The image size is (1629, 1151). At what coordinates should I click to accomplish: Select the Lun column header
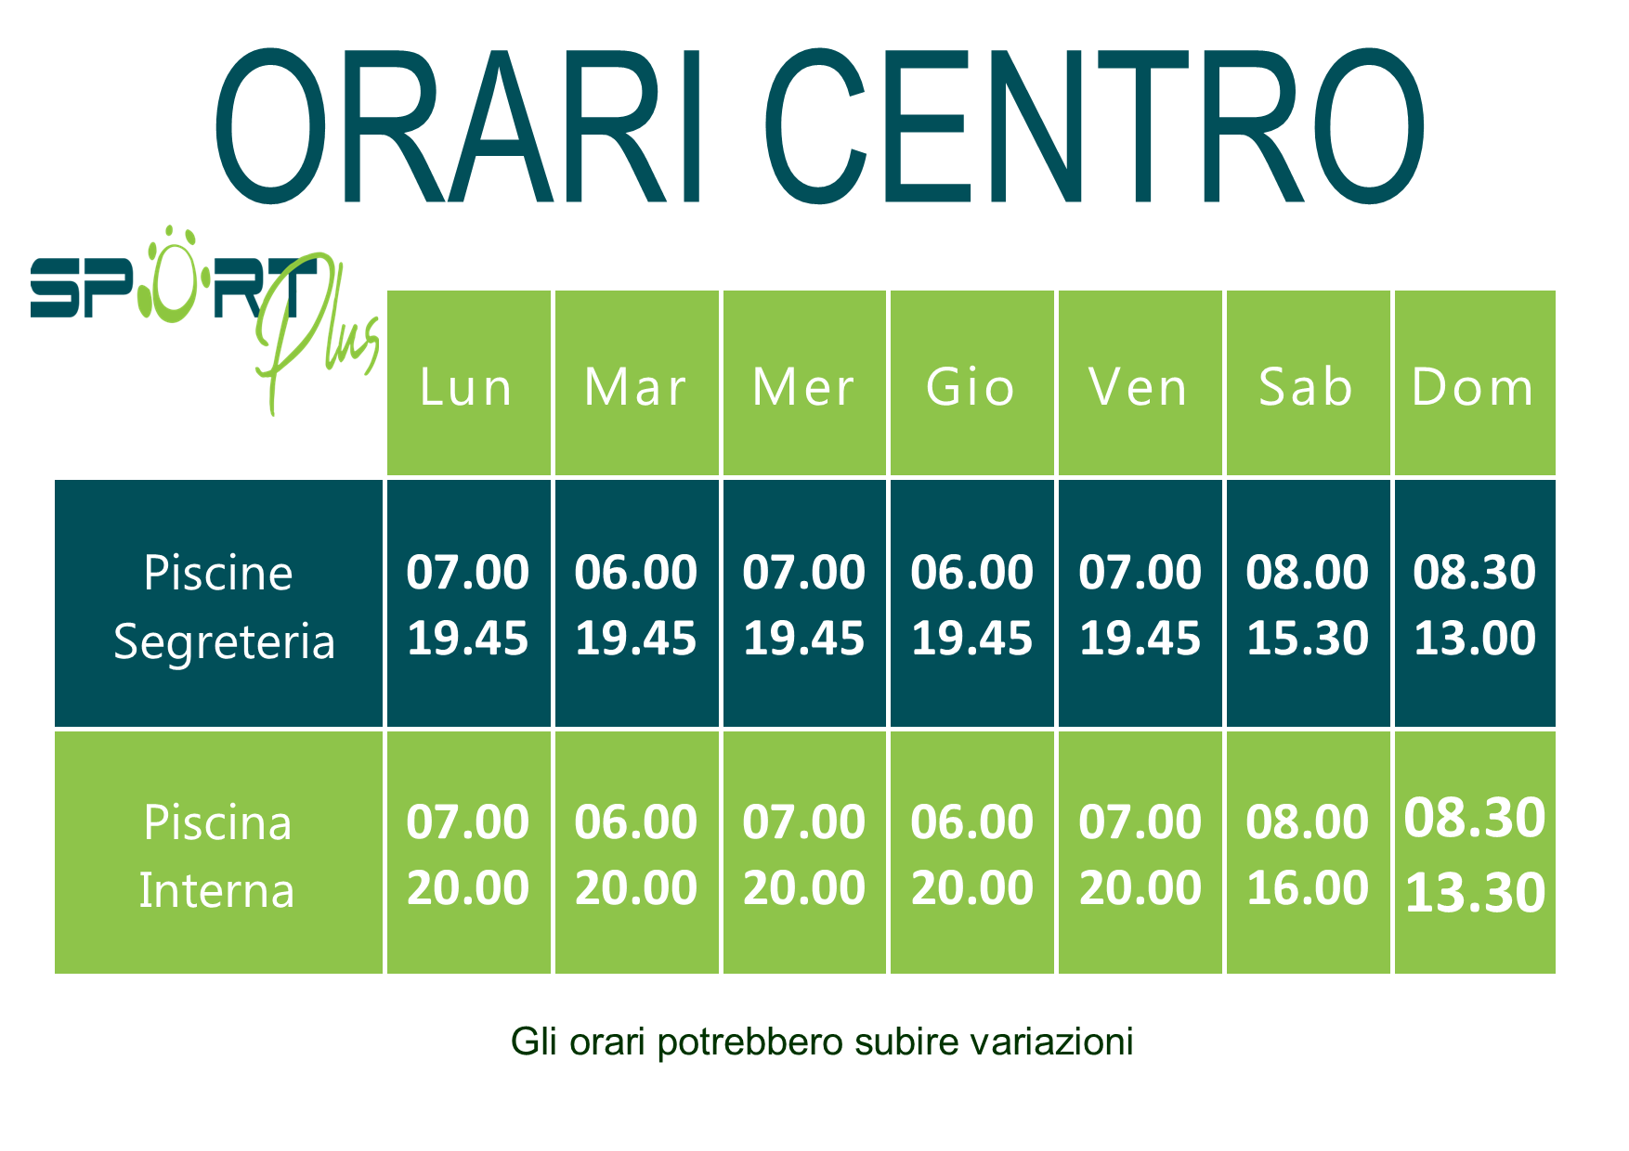tap(469, 383)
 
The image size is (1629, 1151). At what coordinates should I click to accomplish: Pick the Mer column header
tap(804, 383)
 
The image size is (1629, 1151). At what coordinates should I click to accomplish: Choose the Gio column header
tap(972, 383)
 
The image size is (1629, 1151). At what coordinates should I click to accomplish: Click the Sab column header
tap(1308, 383)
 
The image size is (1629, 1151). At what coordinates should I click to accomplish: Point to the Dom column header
tap(1475, 383)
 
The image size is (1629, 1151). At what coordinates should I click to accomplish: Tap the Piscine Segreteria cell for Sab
tap(1308, 603)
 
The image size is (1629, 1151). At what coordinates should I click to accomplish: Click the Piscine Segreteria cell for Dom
tap(1475, 603)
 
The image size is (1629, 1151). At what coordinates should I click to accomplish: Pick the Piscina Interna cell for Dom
tap(1475, 852)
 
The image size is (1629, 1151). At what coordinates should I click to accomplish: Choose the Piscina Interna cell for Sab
tap(1308, 852)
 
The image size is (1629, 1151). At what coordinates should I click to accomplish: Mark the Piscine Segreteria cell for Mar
tap(636, 603)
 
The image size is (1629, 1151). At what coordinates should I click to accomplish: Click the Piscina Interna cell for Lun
tap(469, 852)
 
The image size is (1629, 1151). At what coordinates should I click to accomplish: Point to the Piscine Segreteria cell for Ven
tap(1140, 603)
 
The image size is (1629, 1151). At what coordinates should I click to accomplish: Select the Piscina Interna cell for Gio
tap(972, 852)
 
